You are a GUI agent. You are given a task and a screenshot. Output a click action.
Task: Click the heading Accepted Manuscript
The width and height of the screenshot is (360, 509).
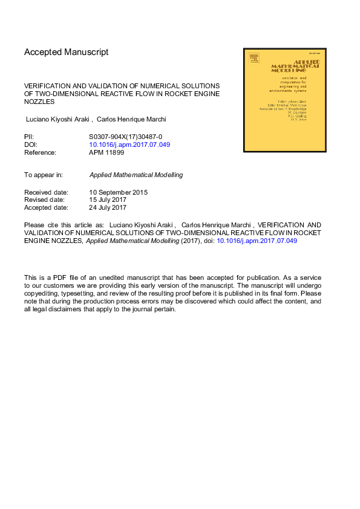(67, 53)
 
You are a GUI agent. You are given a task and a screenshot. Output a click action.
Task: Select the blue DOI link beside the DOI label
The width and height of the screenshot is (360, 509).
(129, 145)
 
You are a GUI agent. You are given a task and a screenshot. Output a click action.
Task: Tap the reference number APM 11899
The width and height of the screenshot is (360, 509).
(106, 153)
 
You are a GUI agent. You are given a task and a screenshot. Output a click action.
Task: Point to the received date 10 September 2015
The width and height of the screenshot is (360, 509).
(118, 192)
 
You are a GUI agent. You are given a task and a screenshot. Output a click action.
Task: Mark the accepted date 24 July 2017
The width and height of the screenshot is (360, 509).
(108, 208)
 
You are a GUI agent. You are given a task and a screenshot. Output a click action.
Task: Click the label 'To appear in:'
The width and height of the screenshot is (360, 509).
(44, 175)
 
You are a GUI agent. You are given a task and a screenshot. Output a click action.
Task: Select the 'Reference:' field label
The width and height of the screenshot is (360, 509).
(40, 153)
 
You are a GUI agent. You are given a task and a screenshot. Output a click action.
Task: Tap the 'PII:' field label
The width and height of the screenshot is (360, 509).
(30, 137)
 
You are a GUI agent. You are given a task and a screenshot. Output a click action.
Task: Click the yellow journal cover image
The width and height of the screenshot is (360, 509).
(284, 100)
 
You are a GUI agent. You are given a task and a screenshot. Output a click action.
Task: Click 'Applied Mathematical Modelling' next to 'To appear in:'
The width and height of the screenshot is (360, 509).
(136, 175)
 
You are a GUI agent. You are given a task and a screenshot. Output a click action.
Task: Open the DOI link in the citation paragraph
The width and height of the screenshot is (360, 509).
(257, 241)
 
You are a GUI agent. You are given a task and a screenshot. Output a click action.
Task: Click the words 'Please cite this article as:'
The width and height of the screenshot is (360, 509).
(64, 224)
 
